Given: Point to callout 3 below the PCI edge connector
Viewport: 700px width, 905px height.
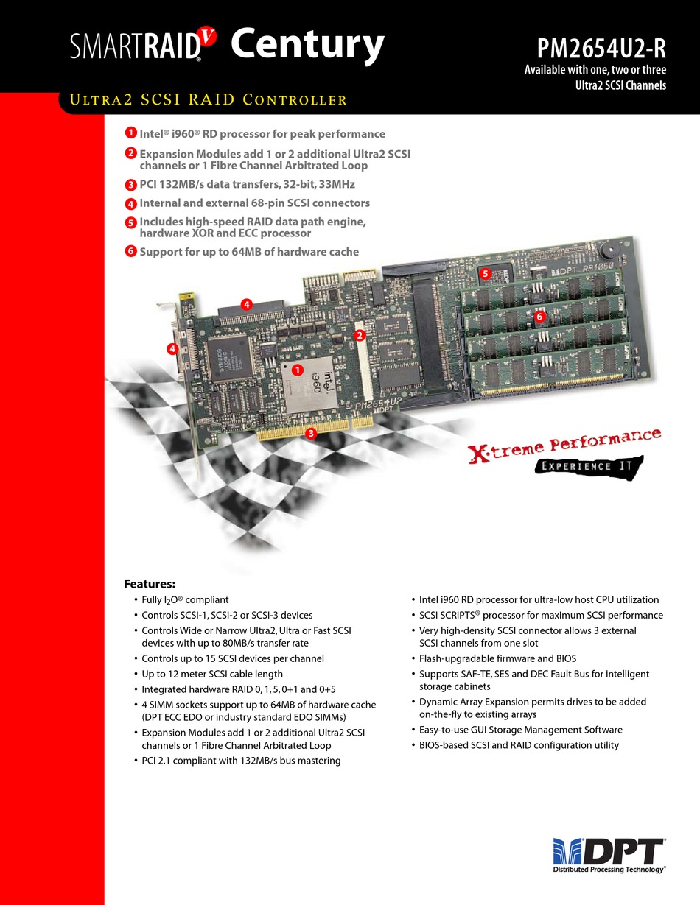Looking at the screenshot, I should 311,434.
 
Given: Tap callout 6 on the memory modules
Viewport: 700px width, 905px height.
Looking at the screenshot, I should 539,316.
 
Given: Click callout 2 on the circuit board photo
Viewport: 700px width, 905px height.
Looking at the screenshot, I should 360,335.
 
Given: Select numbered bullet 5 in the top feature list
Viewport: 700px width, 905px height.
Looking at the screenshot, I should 130,222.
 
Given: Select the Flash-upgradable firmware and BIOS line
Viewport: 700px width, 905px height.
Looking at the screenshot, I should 497,658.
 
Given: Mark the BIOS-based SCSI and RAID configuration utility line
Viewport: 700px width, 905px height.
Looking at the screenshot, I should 519,745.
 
